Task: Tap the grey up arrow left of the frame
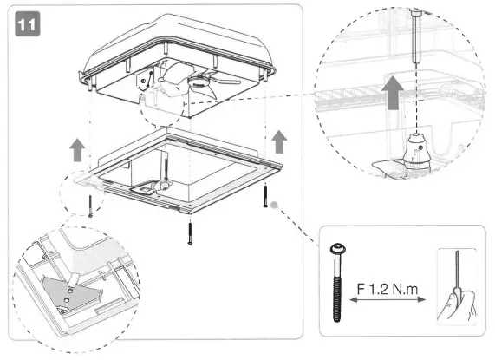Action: tap(77, 148)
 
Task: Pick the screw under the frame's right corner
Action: tap(264, 195)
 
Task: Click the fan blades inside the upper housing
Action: tap(208, 81)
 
